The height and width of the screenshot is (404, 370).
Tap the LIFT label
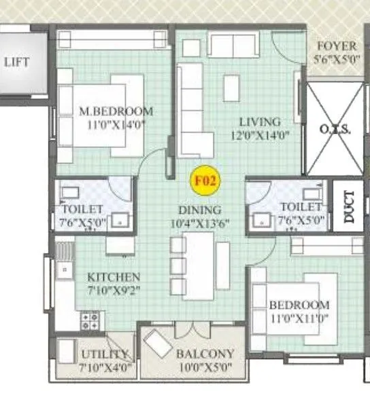point(16,61)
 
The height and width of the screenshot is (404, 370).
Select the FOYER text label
point(336,47)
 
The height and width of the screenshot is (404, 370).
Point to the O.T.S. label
point(335,129)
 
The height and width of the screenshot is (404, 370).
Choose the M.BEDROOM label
point(115,111)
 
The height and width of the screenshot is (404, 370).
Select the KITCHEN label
point(114,277)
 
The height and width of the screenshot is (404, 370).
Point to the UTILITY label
point(105,354)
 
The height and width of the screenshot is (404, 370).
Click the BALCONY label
point(205,354)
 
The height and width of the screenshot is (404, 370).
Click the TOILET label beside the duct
point(299,206)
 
